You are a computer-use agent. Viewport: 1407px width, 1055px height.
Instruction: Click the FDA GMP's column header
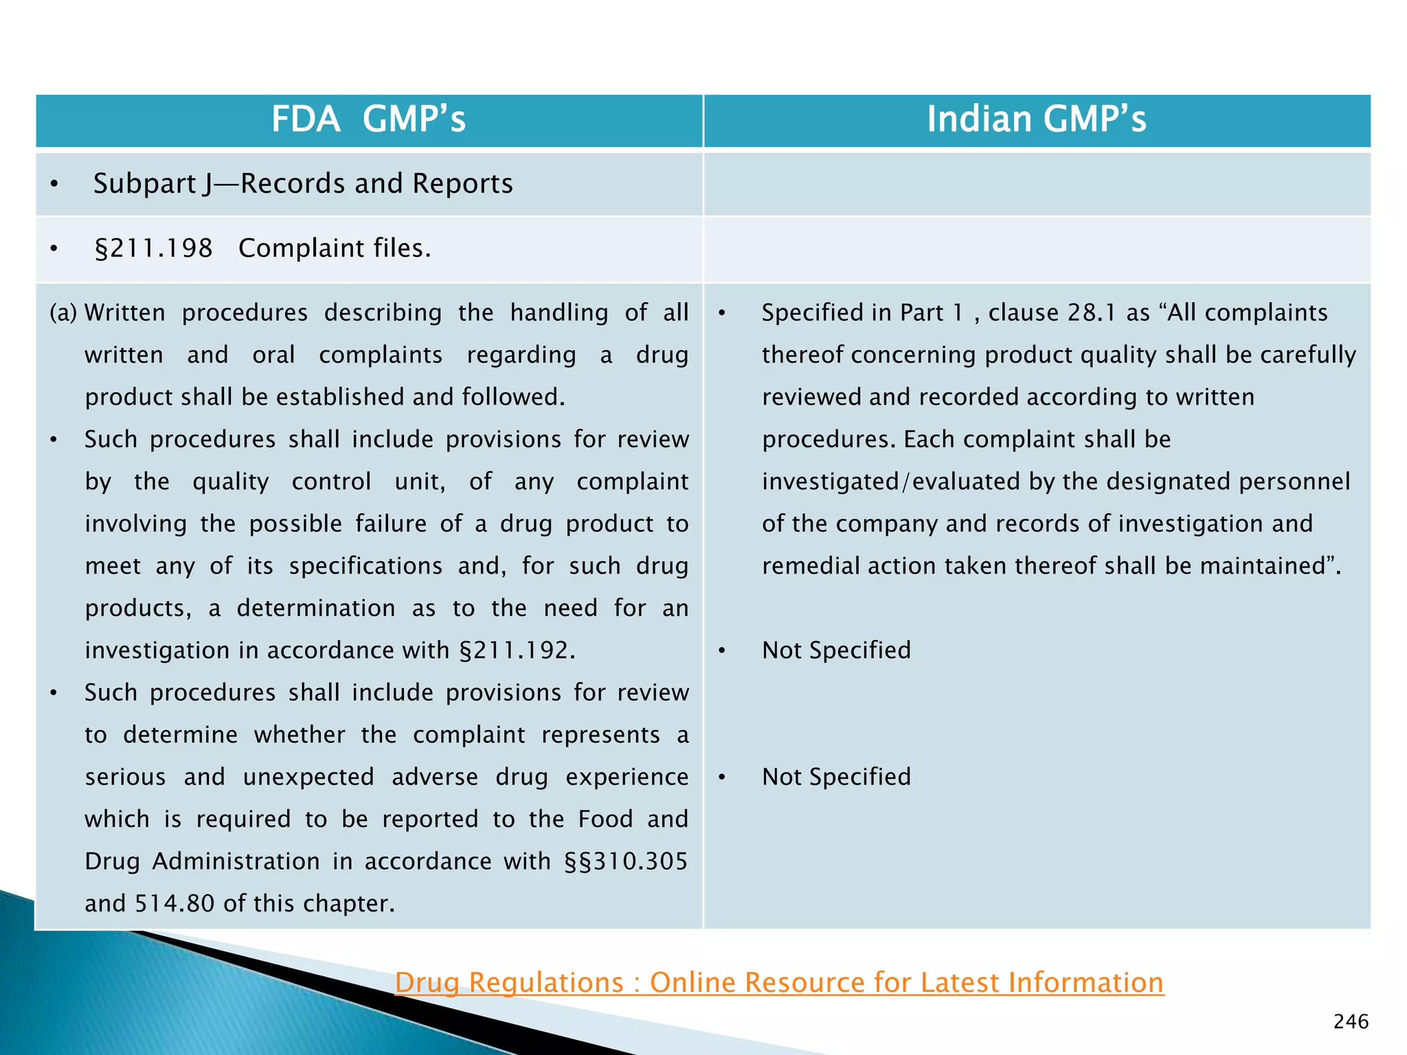(368, 120)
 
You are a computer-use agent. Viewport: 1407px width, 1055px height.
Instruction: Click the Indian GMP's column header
(1036, 120)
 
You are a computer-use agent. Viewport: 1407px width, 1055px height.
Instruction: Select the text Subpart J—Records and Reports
(303, 184)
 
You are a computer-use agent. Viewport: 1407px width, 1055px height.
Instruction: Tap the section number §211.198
(154, 249)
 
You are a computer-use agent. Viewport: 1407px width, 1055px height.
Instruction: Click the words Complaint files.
(335, 249)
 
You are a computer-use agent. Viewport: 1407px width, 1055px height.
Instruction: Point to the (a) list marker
(63, 313)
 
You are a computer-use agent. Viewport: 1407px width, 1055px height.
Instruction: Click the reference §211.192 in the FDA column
(517, 650)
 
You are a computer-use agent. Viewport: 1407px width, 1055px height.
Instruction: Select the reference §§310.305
(625, 861)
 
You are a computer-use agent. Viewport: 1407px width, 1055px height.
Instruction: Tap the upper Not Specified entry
(836, 650)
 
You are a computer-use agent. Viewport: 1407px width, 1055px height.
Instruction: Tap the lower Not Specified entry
(836, 777)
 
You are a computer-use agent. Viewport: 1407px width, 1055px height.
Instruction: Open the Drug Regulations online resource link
(779, 983)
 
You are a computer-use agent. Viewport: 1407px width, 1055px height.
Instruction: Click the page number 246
(1351, 1022)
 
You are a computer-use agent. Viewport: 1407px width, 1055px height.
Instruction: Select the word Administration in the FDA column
(236, 861)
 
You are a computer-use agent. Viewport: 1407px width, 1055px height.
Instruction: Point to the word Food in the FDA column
(605, 819)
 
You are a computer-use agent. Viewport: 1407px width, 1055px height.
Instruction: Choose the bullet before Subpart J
(54, 185)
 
